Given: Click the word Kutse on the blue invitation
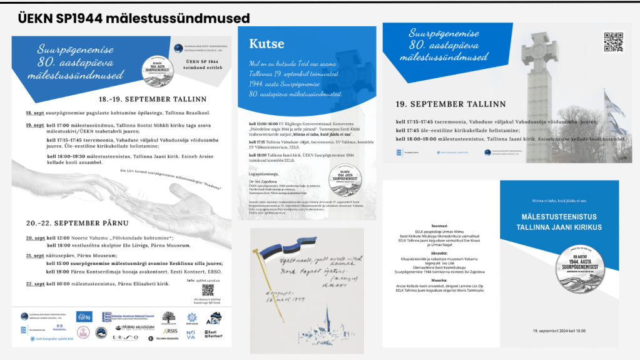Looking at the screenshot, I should coord(267,44).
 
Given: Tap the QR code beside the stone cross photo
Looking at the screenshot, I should coord(612,41).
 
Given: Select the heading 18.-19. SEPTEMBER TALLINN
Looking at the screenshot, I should coord(152,100).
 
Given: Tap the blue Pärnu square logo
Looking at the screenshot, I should coord(83,317).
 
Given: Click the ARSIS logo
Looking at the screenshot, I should coord(170,331).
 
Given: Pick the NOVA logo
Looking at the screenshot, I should coord(191,333).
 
